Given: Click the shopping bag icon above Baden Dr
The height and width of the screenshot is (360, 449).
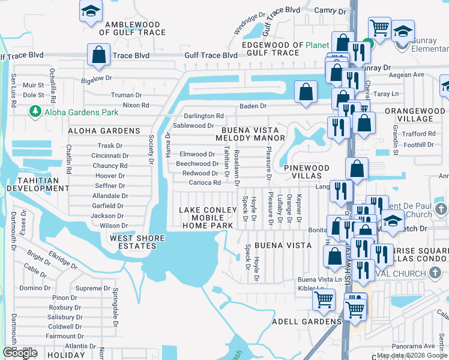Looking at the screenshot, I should coord(306,92).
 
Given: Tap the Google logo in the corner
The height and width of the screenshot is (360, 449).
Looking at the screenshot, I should coord(20,353).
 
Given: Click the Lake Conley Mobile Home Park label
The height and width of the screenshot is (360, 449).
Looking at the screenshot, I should coord(206,218).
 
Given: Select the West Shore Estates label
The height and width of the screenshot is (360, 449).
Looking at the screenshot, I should coord(137,242).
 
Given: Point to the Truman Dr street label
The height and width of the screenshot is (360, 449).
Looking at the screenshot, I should coord(126,95).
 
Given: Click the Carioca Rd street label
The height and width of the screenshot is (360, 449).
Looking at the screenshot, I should coord(205,182).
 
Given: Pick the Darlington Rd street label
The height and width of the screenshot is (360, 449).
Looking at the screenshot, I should coord(203,116).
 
